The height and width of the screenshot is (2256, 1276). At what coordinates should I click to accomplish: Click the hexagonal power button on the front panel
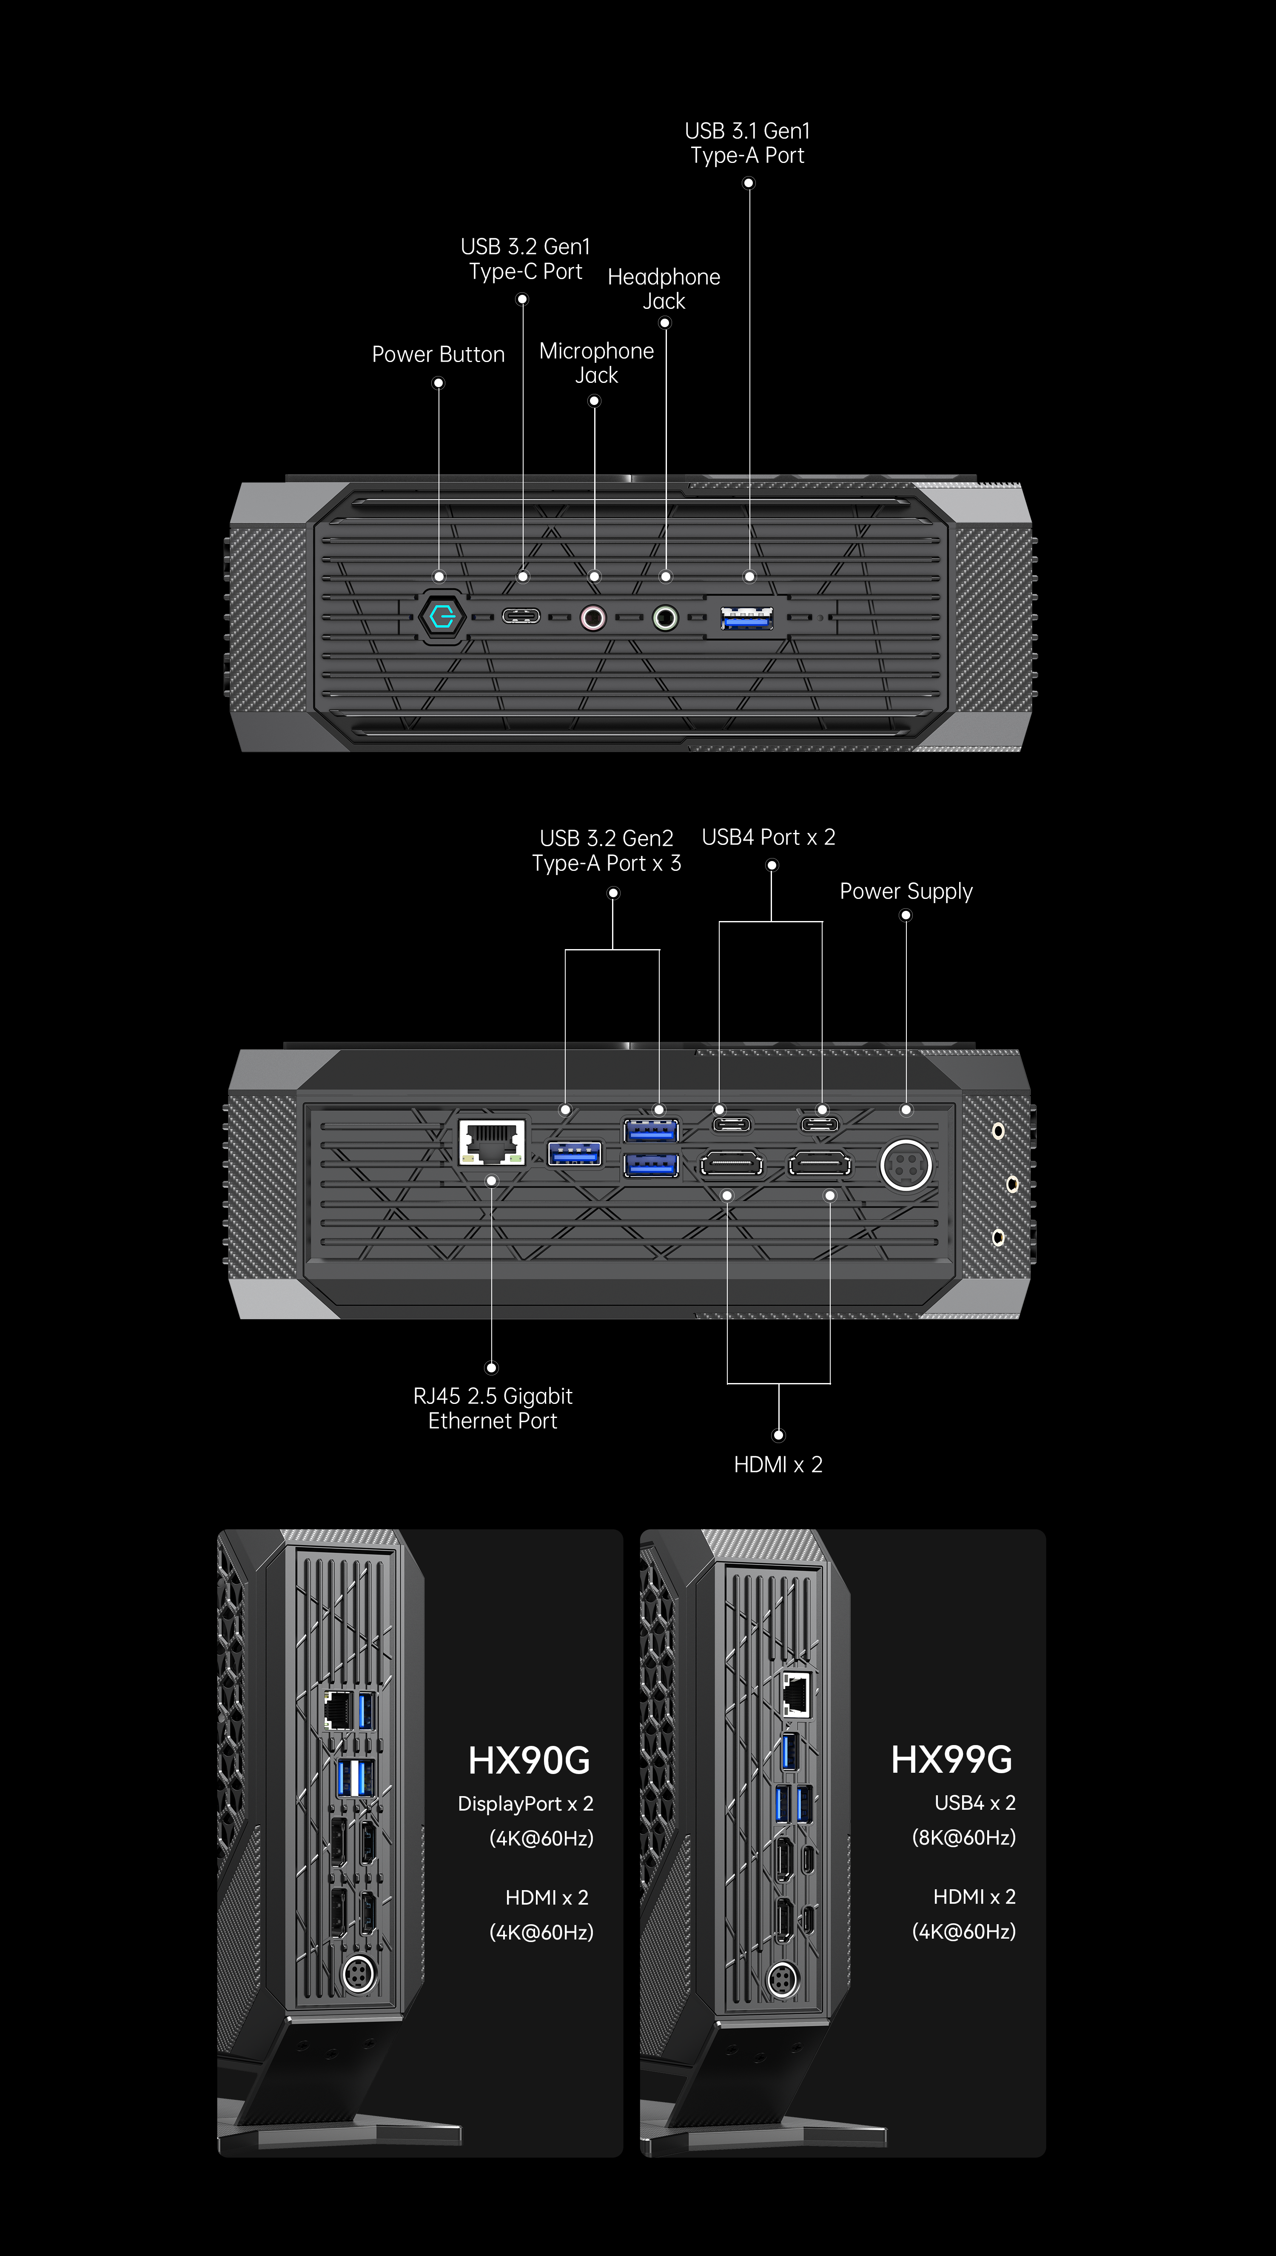point(441,617)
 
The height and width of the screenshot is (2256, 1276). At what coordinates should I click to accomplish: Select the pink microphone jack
point(593,618)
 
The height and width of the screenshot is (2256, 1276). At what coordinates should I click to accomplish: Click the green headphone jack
point(665,618)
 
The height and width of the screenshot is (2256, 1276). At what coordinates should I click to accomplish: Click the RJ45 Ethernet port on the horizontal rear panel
point(492,1141)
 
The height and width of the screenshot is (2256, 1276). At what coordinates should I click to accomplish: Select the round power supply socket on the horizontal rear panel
point(905,1165)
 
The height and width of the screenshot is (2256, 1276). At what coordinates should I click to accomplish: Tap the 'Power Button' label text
point(438,354)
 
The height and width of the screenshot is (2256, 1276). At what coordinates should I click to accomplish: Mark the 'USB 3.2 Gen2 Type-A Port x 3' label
point(607,850)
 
